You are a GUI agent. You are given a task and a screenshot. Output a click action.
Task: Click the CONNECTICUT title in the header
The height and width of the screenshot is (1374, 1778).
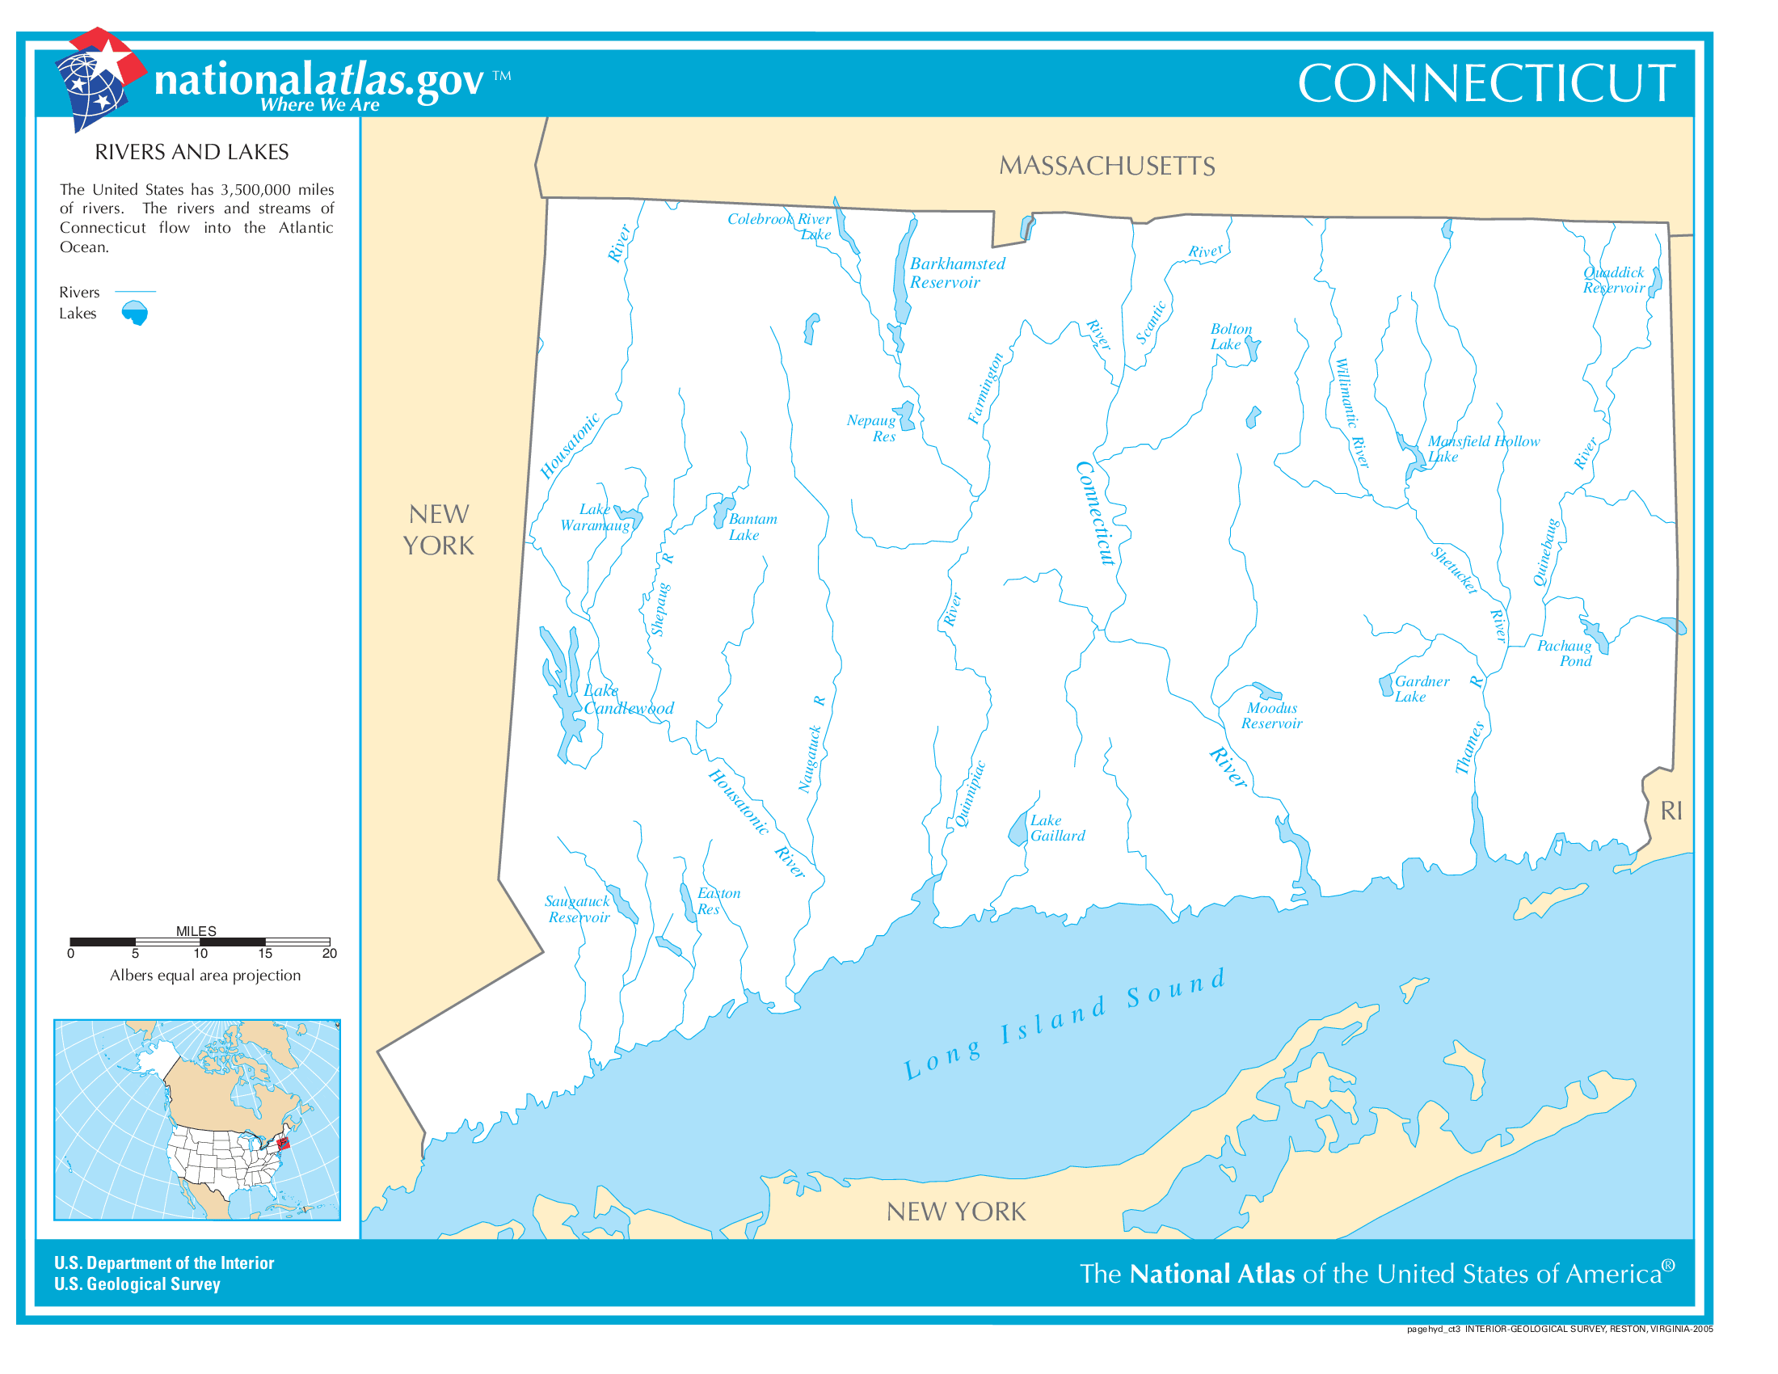pyautogui.click(x=1485, y=83)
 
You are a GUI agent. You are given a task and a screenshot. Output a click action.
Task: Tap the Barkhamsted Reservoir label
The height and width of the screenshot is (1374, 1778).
pyautogui.click(x=957, y=272)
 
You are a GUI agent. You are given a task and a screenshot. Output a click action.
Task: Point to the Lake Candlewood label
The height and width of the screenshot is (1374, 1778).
pyautogui.click(x=628, y=699)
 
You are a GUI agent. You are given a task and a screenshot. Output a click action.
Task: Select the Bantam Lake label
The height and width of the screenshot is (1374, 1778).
pyautogui.click(x=752, y=527)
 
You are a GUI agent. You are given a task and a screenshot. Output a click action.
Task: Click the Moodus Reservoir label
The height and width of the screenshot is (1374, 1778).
pyautogui.click(x=1270, y=715)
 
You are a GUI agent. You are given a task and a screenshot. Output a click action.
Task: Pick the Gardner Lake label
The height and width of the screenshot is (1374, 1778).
pyautogui.click(x=1421, y=689)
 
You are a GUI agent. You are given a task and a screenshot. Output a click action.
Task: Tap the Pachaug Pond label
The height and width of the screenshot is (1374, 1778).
pyautogui.click(x=1563, y=653)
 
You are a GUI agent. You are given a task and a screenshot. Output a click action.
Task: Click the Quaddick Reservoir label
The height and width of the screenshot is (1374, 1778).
pyautogui.click(x=1613, y=280)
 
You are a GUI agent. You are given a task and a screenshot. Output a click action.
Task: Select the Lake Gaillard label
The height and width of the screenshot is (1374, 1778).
pyautogui.click(x=1057, y=828)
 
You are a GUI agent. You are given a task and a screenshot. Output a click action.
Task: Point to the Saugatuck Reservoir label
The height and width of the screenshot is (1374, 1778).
pyautogui.click(x=577, y=909)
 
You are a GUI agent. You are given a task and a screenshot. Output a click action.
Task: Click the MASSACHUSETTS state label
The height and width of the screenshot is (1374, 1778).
pyautogui.click(x=1106, y=166)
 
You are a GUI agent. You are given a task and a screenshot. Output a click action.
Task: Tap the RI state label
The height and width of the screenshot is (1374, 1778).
pyautogui.click(x=1671, y=811)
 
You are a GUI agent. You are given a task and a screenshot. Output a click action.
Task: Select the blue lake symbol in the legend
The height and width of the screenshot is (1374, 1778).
pyautogui.click(x=135, y=313)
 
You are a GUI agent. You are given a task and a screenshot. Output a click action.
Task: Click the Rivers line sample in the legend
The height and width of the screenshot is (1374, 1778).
pyautogui.click(x=135, y=291)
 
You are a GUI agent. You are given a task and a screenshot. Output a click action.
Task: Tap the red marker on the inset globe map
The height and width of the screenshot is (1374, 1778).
pyautogui.click(x=283, y=1144)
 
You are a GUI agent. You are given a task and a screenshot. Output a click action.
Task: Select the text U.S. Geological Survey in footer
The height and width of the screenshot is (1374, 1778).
pyautogui.click(x=137, y=1283)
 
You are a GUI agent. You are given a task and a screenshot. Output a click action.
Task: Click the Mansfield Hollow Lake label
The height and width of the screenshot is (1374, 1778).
pyautogui.click(x=1481, y=449)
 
